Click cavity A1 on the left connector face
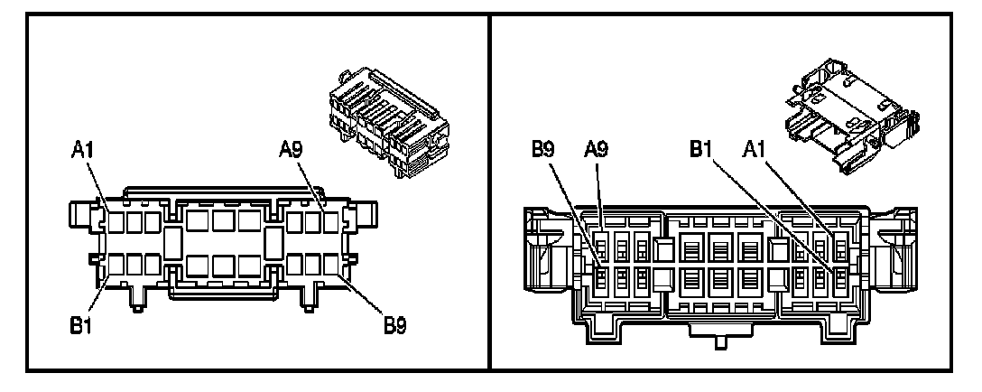coord(116,220)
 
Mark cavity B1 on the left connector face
coord(116,265)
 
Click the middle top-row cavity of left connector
coord(224,220)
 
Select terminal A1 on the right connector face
coord(841,246)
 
